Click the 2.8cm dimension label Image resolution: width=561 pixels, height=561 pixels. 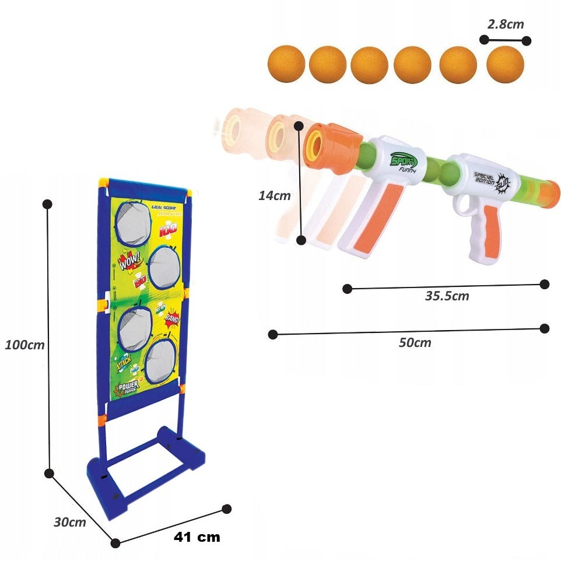pyautogui.click(x=505, y=24)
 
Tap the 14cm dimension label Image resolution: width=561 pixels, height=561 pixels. pyautogui.click(x=274, y=196)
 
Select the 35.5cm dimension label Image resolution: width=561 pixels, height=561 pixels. pyautogui.click(x=447, y=296)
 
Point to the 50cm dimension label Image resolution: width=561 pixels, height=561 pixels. pyautogui.click(x=415, y=342)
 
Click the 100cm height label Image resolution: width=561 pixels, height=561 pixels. pyautogui.click(x=24, y=345)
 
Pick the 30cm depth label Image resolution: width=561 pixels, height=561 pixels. pyautogui.click(x=69, y=523)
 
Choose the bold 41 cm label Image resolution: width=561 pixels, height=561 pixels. pyautogui.click(x=197, y=537)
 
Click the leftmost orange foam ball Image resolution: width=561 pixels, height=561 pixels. pyautogui.click(x=286, y=64)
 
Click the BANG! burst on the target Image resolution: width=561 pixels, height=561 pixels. pyautogui.click(x=172, y=318)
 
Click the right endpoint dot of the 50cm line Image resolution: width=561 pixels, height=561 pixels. pyautogui.click(x=544, y=328)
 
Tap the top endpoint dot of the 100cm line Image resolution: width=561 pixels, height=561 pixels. pyautogui.click(x=48, y=204)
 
